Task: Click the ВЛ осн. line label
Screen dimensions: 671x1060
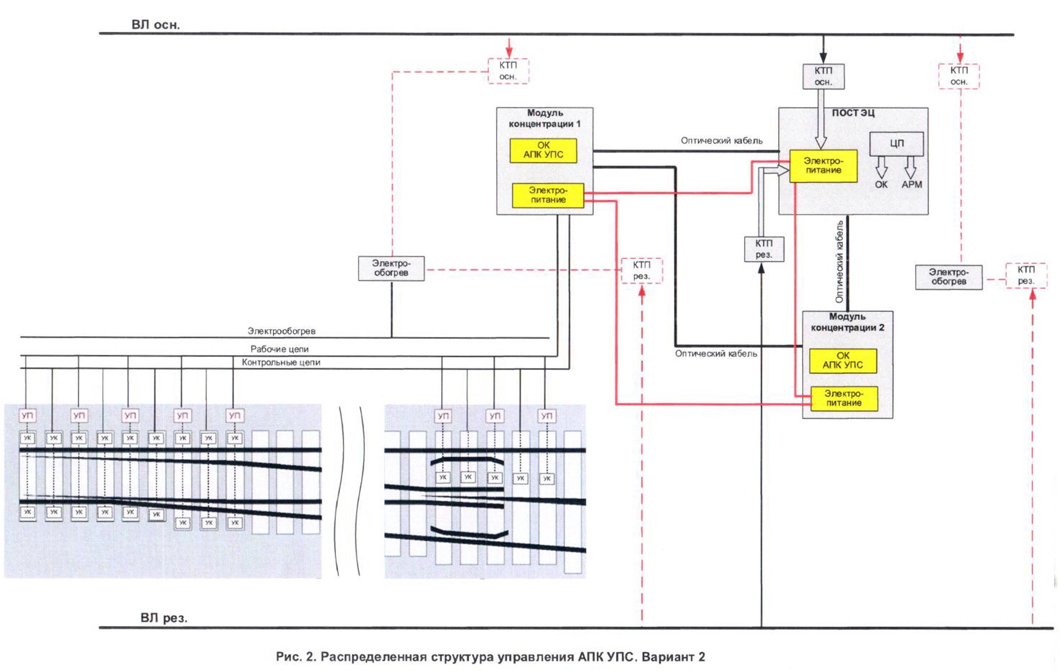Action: coord(155,25)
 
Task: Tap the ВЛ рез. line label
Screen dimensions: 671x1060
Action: coord(164,618)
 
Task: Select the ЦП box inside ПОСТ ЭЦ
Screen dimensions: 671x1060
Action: coord(896,144)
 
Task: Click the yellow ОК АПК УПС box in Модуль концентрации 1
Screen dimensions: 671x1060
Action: coord(543,150)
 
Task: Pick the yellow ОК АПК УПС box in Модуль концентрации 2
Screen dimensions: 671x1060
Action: coord(842,361)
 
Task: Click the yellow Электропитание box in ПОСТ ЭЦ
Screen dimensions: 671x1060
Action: coord(823,166)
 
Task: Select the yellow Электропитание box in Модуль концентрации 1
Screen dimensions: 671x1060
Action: coord(548,195)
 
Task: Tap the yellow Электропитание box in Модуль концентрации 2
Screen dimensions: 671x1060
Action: coord(844,399)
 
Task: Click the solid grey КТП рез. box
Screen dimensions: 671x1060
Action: coord(764,249)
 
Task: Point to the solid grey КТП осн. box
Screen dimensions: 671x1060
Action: coord(823,76)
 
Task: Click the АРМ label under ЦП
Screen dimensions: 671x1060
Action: coord(912,184)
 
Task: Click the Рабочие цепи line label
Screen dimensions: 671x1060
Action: coord(280,349)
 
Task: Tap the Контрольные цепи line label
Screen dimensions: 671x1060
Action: coord(281,362)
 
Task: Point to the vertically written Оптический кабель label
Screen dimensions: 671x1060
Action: coord(840,262)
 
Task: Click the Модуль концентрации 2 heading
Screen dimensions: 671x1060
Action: coord(847,322)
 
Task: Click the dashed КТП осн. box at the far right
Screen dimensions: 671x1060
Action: coord(959,76)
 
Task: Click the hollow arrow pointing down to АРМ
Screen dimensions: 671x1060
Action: coord(910,167)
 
